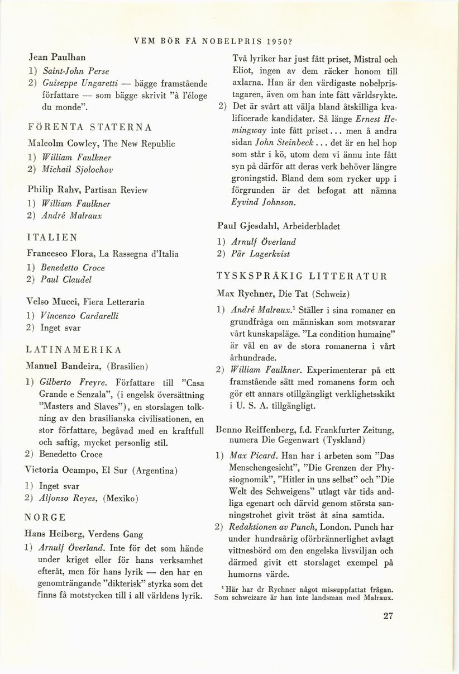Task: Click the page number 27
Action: pos(389,617)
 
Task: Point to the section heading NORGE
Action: pos(46,516)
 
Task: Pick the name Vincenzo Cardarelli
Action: pos(79,316)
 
